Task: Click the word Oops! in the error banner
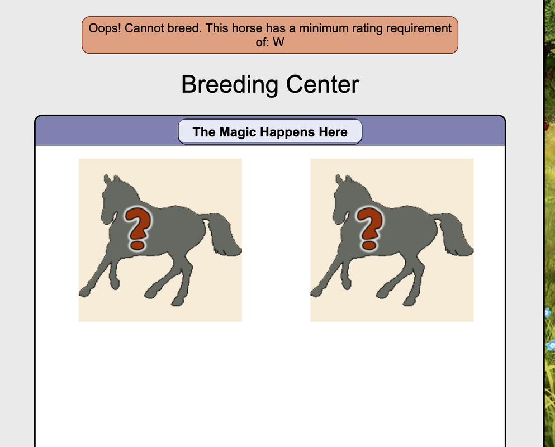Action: pyautogui.click(x=105, y=28)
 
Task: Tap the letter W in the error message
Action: pyautogui.click(x=278, y=42)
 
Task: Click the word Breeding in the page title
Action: pyautogui.click(x=230, y=85)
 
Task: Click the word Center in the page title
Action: pyautogui.click(x=322, y=84)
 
